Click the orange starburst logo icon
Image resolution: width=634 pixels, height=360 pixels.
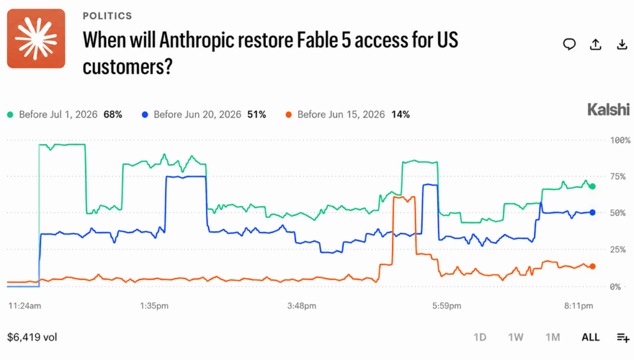[x=36, y=38]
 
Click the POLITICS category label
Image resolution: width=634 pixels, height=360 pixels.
[x=107, y=16]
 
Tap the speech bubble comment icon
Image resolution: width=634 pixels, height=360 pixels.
[x=569, y=44]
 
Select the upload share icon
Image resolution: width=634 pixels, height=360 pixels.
[x=596, y=44]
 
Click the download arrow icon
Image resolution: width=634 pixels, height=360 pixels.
[x=622, y=44]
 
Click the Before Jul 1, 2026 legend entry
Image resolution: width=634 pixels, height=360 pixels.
[x=65, y=115]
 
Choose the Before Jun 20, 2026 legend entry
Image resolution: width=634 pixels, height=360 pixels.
[x=204, y=115]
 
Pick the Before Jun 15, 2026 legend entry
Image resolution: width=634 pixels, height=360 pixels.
[x=348, y=115]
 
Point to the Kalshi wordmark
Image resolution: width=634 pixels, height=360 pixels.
[x=609, y=109]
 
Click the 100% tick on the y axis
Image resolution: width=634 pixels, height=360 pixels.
[x=620, y=140]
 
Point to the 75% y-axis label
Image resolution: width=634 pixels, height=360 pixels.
[x=618, y=176]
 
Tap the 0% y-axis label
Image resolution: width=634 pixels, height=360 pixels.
[x=615, y=287]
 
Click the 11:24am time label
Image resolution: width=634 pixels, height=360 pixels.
[x=25, y=306]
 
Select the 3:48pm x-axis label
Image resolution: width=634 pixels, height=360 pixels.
[x=302, y=306]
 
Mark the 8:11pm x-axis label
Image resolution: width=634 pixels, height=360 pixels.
[x=579, y=306]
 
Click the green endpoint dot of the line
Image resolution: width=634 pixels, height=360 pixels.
[x=592, y=186]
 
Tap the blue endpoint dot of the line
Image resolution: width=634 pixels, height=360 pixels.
[x=592, y=212]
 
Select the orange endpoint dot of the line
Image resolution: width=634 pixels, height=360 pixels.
[x=592, y=266]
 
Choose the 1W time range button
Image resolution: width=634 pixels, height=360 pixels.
[x=515, y=338]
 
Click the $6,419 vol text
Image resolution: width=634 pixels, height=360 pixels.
[x=32, y=338]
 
